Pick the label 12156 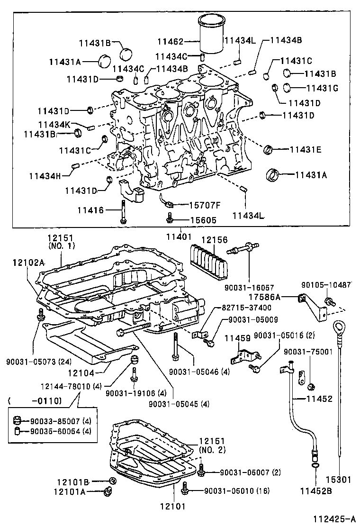(215, 240)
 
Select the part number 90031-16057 (249, 288)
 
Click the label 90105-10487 (327, 285)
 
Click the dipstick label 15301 (338, 480)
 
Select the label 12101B (72, 482)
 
